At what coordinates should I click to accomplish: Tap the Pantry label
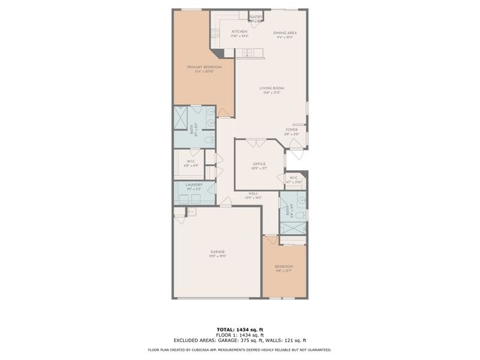point(256,16)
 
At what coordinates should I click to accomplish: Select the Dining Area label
point(285,33)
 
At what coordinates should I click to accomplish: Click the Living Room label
point(270,88)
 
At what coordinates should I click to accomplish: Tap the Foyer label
point(292,129)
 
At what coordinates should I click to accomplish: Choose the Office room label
point(259,163)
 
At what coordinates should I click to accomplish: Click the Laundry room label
point(194,184)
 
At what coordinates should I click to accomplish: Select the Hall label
point(255,193)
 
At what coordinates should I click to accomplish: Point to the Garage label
point(217,251)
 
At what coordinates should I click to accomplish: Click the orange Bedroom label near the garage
point(283,266)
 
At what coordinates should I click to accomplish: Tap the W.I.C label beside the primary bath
point(191,160)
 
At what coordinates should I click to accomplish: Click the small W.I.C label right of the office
point(293,178)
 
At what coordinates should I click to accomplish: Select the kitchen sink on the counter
point(246,53)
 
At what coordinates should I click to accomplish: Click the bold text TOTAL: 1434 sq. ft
point(240,329)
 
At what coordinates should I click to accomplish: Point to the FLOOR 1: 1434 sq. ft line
point(240,334)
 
